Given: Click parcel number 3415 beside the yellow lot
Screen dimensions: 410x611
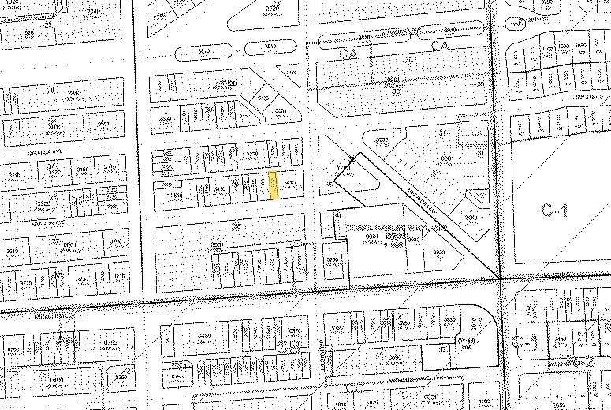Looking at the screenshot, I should click(x=289, y=184).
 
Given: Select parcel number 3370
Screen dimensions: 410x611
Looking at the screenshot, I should click(x=252, y=154).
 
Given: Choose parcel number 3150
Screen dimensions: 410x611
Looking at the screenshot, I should click(x=84, y=169).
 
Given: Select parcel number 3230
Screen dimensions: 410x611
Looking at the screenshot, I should click(x=382, y=140).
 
